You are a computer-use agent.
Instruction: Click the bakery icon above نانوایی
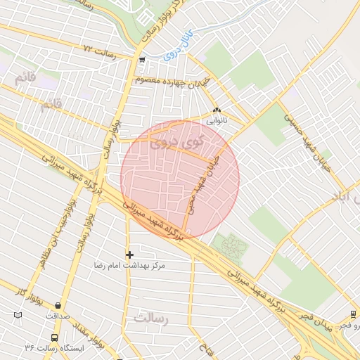click(x=217, y=110)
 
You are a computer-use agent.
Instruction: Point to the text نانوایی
click(x=216, y=121)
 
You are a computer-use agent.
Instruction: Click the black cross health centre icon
click(x=129, y=254)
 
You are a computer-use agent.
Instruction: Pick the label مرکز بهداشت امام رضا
click(x=130, y=266)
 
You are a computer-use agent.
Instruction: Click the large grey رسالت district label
click(x=153, y=319)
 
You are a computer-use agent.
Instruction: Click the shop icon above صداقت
click(x=57, y=306)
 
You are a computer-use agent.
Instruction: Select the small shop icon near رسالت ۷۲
click(x=143, y=60)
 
